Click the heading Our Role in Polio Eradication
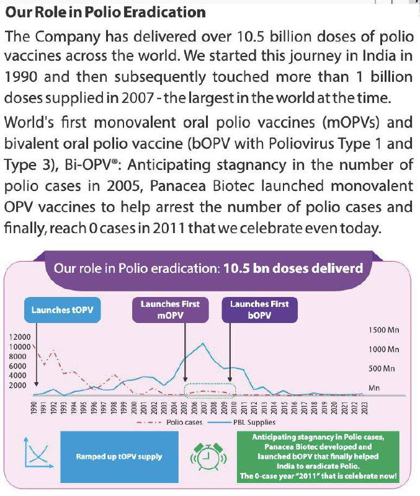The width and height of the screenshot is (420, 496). (105, 12)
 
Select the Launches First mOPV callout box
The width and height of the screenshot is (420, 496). (170, 309)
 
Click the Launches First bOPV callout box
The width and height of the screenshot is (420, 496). (259, 309)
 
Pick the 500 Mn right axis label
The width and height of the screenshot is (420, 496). (382, 368)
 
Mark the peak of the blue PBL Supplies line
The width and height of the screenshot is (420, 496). (202, 343)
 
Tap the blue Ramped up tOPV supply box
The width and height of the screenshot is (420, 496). (119, 457)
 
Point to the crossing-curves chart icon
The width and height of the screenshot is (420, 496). (36, 457)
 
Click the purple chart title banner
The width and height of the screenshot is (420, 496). (209, 268)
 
